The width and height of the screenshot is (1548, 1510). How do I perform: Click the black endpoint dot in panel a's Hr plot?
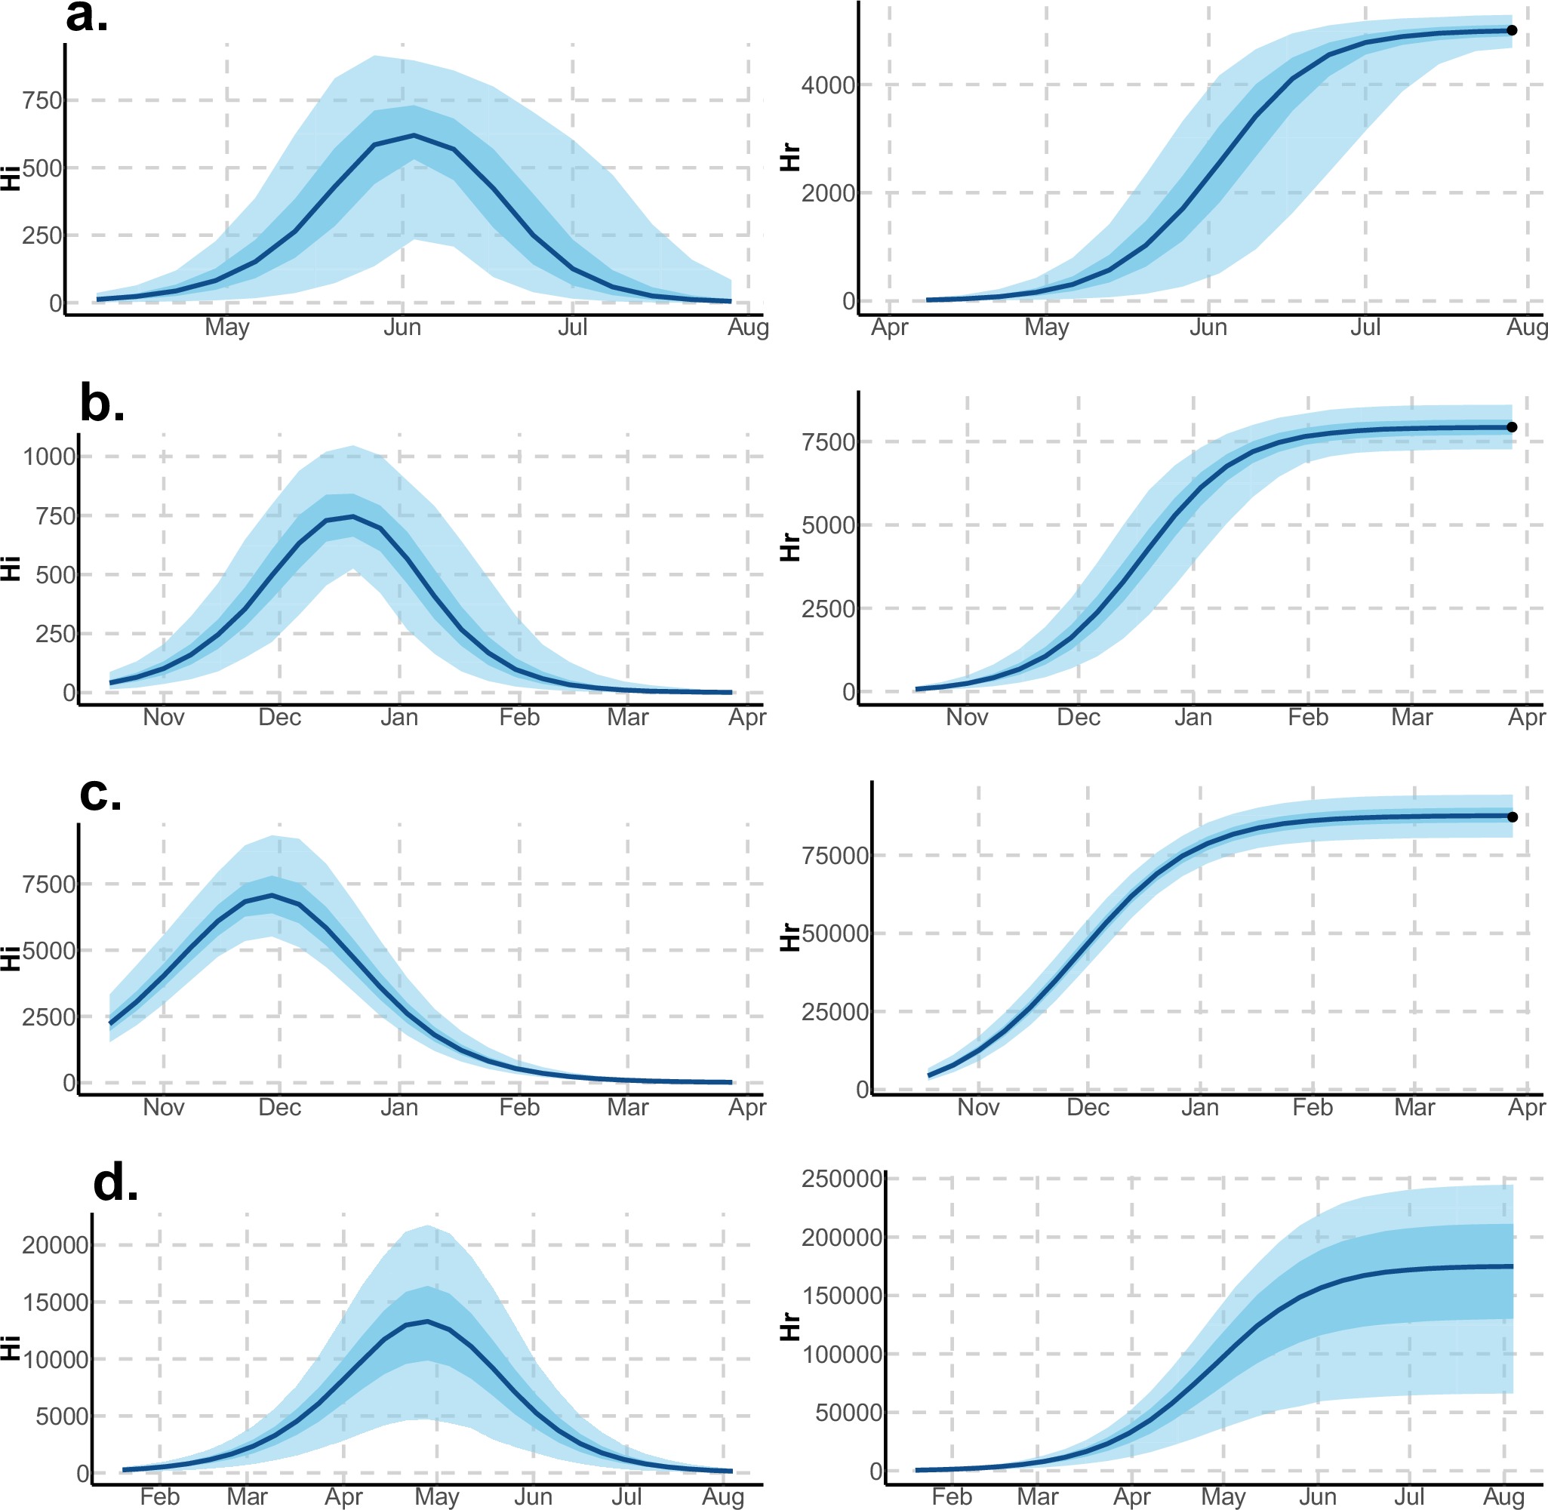click(x=1512, y=30)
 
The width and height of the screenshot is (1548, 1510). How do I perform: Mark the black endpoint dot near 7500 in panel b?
click(x=1512, y=426)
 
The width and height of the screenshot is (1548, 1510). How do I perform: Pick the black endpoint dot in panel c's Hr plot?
click(x=1513, y=817)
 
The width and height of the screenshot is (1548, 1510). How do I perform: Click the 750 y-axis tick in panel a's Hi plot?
click(x=42, y=100)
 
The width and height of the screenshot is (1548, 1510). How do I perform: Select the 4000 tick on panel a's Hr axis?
click(x=828, y=85)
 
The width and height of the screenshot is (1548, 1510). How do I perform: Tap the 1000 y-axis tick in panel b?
click(x=49, y=457)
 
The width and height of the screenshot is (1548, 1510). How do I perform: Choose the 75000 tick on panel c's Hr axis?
click(x=835, y=856)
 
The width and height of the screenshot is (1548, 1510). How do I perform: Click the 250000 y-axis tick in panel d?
click(x=842, y=1179)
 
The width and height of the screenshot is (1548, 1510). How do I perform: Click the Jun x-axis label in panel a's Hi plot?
click(x=402, y=328)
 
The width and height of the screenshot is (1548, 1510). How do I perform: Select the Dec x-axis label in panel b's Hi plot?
click(x=280, y=718)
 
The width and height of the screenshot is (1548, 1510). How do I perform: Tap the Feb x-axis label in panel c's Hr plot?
click(x=1313, y=1107)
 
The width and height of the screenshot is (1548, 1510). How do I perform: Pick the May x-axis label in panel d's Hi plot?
click(x=437, y=1496)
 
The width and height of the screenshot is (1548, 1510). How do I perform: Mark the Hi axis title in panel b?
click(x=11, y=569)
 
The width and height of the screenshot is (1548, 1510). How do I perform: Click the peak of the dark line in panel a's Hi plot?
click(x=414, y=136)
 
